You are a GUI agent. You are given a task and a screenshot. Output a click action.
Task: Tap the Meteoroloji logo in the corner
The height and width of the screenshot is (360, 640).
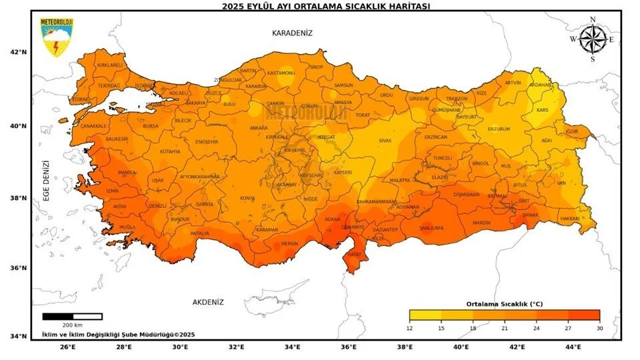57,37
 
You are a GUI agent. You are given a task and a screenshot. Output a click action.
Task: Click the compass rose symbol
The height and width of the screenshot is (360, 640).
591,39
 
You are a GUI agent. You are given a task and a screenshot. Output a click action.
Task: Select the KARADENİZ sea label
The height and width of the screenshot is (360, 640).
292,33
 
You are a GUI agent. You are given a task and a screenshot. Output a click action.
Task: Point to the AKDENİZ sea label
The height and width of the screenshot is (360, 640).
208,302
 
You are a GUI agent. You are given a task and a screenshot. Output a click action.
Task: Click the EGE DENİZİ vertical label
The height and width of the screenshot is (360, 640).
46,180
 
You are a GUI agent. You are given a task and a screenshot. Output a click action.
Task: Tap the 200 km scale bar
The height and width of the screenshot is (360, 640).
72,317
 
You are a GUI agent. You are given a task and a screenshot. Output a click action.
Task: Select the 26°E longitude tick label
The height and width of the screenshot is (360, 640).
67,347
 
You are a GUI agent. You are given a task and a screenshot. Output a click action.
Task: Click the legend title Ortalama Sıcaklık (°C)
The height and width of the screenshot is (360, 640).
504,303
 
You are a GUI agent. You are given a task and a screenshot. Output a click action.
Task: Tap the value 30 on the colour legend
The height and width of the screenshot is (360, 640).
599,327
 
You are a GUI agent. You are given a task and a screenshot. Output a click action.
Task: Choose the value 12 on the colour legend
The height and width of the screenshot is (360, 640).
409,327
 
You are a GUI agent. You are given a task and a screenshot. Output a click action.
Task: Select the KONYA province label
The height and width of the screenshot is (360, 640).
247,198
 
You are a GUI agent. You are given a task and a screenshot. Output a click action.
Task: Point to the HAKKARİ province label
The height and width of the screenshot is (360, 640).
569,218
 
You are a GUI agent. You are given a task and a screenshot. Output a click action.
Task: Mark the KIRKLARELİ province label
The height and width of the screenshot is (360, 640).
110,65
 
